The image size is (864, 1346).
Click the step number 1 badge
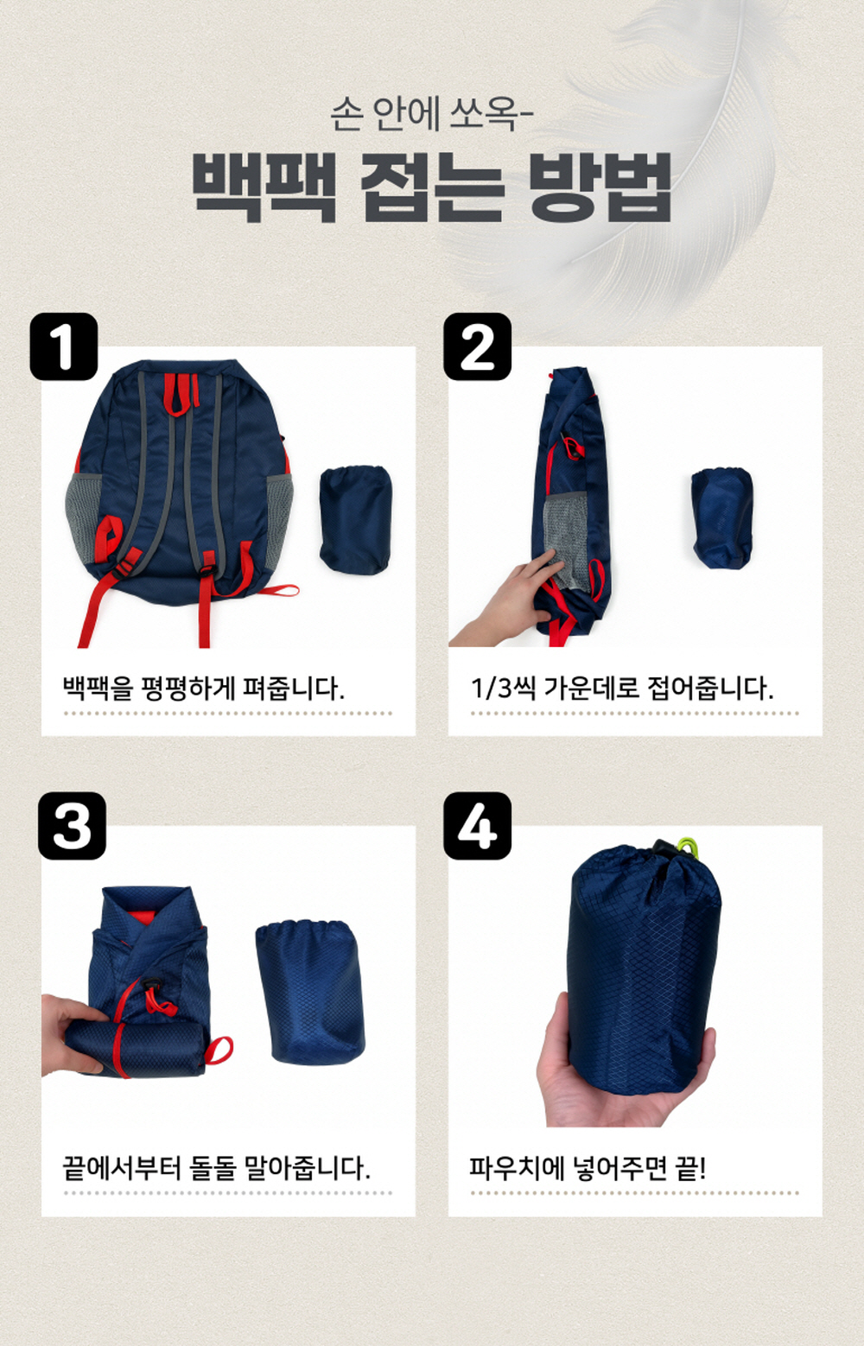pyautogui.click(x=64, y=346)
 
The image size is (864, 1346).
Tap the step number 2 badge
pyautogui.click(x=478, y=346)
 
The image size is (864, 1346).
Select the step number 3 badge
pyautogui.click(x=72, y=826)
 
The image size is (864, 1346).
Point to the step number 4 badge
pyautogui.click(x=478, y=826)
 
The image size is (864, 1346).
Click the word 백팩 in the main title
pyautogui.click(x=264, y=187)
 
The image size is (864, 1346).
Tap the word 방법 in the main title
pyautogui.click(x=600, y=187)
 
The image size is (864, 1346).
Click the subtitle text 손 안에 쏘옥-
pyautogui.click(x=432, y=113)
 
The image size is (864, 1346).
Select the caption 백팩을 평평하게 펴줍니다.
pyautogui.click(x=204, y=688)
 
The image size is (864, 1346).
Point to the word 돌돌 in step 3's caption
pyautogui.click(x=212, y=1168)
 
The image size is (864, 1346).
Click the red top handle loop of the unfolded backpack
pyautogui.click(x=181, y=394)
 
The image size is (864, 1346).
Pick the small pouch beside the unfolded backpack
pyautogui.click(x=355, y=519)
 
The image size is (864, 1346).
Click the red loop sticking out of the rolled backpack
pyautogui.click(x=219, y=1049)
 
